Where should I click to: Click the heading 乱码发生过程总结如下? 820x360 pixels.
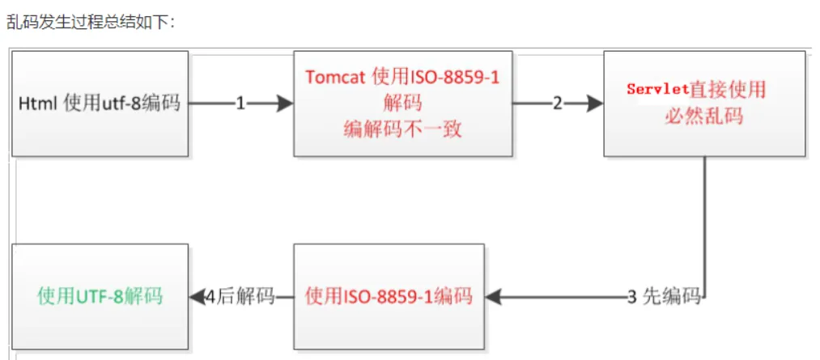pos(89,23)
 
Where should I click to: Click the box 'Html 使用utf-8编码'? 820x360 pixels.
pos(100,104)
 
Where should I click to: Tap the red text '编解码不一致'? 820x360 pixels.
pos(402,129)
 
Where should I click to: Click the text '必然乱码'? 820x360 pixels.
pos(703,116)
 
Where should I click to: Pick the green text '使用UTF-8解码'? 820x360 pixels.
pos(100,296)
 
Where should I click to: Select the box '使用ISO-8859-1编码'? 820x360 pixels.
pos(389,296)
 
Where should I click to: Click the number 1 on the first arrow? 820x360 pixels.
pos(240,104)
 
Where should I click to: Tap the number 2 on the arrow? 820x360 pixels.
pos(558,104)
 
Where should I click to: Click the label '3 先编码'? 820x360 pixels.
pos(664,297)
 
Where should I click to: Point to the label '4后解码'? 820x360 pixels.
pos(240,297)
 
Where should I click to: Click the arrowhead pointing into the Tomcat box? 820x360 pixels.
pos(285,104)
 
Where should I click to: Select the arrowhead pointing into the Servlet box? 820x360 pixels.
pos(595,104)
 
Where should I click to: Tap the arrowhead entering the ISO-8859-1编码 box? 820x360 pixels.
pos(493,297)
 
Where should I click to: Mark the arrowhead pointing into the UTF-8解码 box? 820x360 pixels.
pos(197,297)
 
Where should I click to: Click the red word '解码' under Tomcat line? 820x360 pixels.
pos(402,103)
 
